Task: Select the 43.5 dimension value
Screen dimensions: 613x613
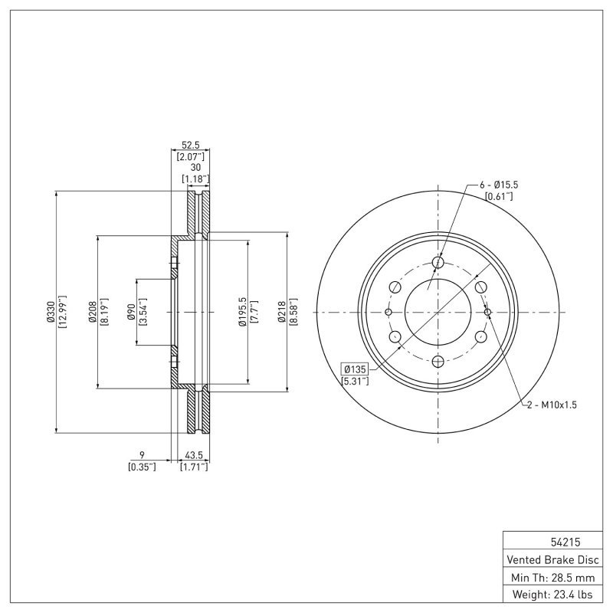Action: (193, 454)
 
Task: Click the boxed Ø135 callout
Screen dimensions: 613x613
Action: (356, 368)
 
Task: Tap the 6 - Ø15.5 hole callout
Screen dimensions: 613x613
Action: (499, 185)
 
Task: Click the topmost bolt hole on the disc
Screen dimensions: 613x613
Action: (438, 263)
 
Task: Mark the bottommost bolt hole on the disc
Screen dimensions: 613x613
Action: (438, 362)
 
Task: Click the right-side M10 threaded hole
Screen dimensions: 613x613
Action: (487, 313)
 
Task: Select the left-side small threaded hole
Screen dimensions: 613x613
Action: (388, 313)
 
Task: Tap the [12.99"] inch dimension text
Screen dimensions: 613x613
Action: (62, 313)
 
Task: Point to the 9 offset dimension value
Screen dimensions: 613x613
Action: (142, 454)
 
